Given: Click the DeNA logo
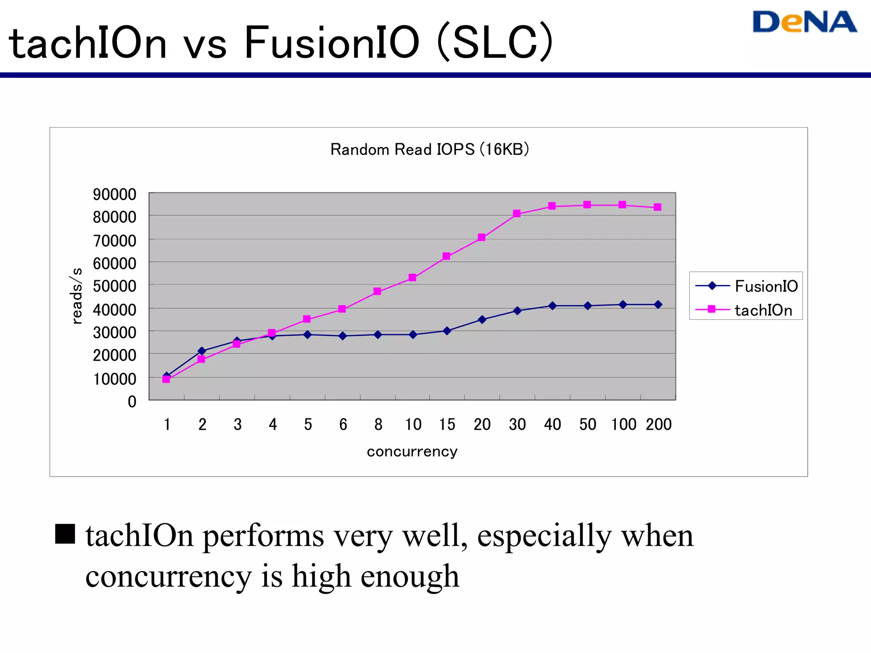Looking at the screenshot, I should point(804,22).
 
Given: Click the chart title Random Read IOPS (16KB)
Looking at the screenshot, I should point(430,150).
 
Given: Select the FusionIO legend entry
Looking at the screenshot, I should point(746,286).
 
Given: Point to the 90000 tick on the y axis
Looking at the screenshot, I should point(114,194).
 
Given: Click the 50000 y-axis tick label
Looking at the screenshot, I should point(114,286).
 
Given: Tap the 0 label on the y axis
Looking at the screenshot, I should point(132,401).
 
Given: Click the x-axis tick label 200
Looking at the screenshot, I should point(658,424).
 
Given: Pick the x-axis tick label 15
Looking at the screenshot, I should point(447,424).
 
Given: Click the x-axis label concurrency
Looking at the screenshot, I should point(412,451).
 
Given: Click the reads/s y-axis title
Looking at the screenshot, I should point(76,296).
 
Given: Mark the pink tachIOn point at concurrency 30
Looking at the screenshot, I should point(517,213).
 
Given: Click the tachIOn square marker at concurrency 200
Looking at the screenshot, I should point(658,207).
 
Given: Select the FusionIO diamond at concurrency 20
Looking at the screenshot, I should point(482,319).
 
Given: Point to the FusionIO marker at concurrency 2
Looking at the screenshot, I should point(202,351).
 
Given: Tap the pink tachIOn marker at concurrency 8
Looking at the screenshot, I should point(377,291).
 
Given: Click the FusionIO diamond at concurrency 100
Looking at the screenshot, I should point(623,304).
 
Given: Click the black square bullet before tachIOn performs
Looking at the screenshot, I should point(65,534).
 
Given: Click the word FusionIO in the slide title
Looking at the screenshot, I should point(331,43).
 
